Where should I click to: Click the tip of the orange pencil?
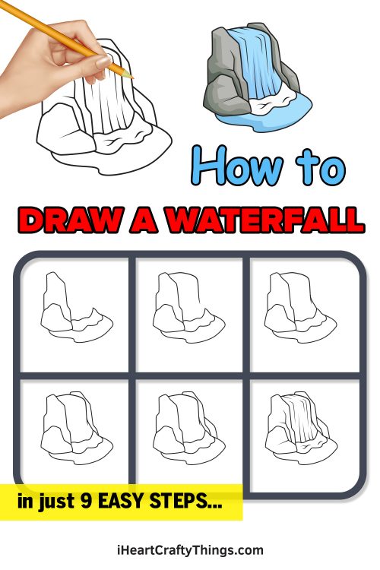[x=131, y=77]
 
